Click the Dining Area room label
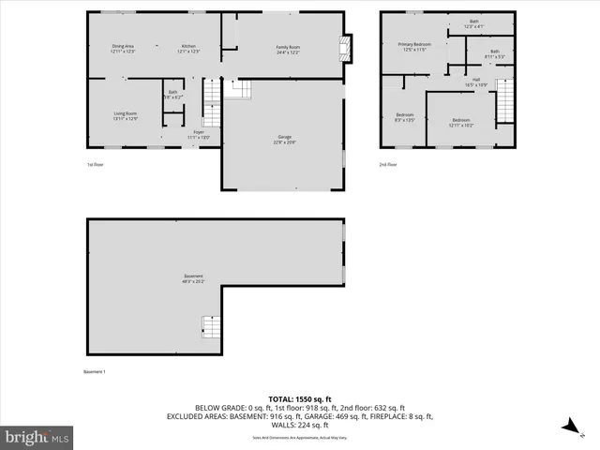pos(124,48)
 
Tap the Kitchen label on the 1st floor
pos(188,48)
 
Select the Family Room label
pos(288,48)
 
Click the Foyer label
pos(199,135)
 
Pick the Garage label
pos(284,138)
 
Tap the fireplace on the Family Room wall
pos(348,50)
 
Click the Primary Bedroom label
pos(414,45)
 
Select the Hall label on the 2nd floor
pos(476,82)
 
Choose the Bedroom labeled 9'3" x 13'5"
pos(403,116)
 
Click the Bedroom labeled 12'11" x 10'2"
pos(461,121)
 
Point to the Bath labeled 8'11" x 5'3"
pos(495,53)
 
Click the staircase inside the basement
pos(211,328)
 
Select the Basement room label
pos(193,277)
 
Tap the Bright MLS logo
pos(37,437)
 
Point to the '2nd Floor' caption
pos(388,164)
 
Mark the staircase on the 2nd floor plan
pos(506,97)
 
